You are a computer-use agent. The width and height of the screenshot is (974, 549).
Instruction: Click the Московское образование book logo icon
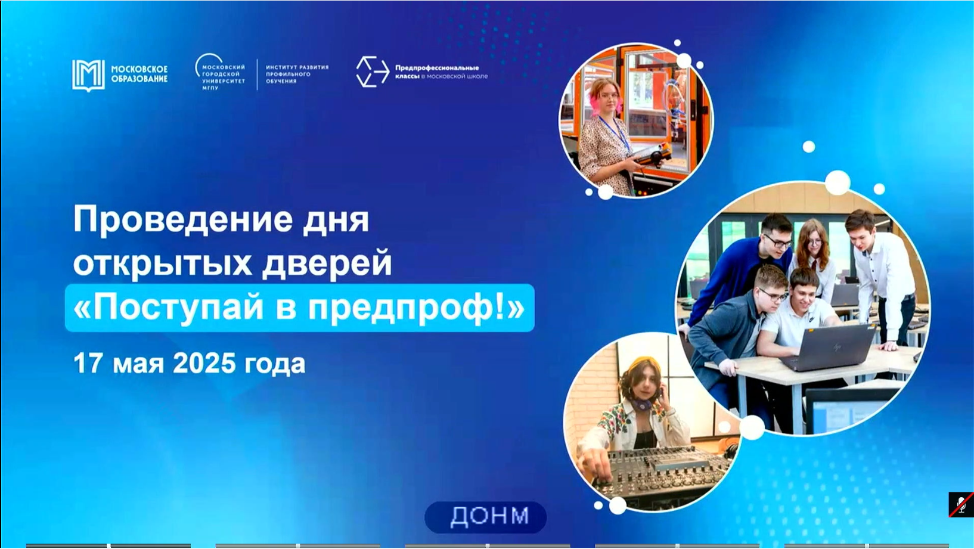pos(88,76)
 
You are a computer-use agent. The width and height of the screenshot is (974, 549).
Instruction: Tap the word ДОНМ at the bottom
pos(489,516)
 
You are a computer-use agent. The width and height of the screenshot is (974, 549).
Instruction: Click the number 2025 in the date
pos(204,364)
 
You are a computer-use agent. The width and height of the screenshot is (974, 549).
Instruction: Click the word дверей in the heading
pos(327,263)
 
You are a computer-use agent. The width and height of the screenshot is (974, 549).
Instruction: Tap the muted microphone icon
pos(961,505)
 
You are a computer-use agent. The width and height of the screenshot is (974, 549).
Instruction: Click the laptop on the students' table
pos(829,346)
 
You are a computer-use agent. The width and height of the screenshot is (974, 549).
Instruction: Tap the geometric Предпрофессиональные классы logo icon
pos(372,72)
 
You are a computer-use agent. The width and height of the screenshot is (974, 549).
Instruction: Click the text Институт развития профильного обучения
pos(297,74)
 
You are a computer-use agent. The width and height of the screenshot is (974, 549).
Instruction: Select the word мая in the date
pos(138,365)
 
